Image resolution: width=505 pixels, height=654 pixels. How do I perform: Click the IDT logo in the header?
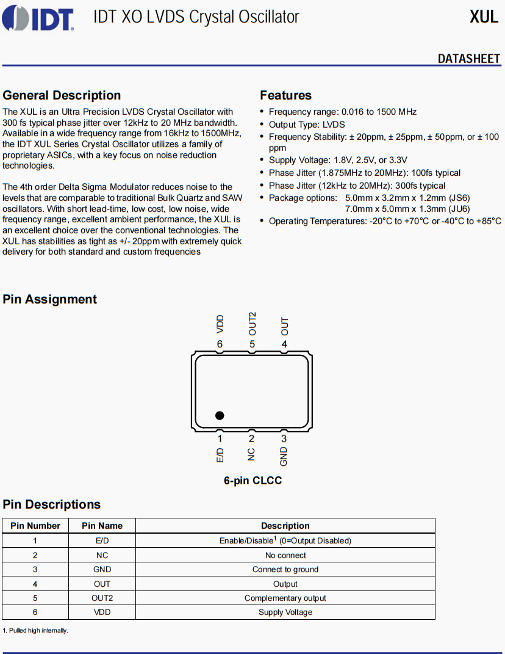(38, 18)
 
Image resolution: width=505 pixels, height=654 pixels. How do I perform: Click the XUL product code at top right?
(484, 17)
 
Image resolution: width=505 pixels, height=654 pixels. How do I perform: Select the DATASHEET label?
(468, 59)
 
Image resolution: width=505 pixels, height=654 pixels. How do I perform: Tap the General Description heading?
(62, 95)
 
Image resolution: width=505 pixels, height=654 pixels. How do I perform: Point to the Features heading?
(285, 95)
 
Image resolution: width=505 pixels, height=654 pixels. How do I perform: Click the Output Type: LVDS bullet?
(306, 125)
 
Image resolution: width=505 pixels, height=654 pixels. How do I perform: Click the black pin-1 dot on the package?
(220, 415)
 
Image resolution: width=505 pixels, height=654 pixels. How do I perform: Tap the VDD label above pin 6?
(220, 324)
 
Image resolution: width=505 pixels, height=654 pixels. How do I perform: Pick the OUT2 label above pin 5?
(252, 324)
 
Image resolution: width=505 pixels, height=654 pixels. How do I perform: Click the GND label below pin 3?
(284, 456)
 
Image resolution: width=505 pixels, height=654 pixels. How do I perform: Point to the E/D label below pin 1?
(220, 455)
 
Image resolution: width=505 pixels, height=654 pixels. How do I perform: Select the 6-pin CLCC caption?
(253, 481)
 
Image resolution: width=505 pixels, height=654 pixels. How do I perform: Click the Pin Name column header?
(102, 526)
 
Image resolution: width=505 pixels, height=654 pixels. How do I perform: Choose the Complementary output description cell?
(285, 598)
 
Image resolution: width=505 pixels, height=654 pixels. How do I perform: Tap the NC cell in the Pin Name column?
(102, 555)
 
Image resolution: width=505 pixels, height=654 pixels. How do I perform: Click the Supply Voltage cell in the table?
(285, 612)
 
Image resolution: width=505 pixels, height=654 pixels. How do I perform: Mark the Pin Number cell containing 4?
(35, 584)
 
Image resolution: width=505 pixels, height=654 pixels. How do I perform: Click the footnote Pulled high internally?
(35, 630)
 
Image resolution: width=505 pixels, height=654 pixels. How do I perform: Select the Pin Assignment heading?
(50, 299)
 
